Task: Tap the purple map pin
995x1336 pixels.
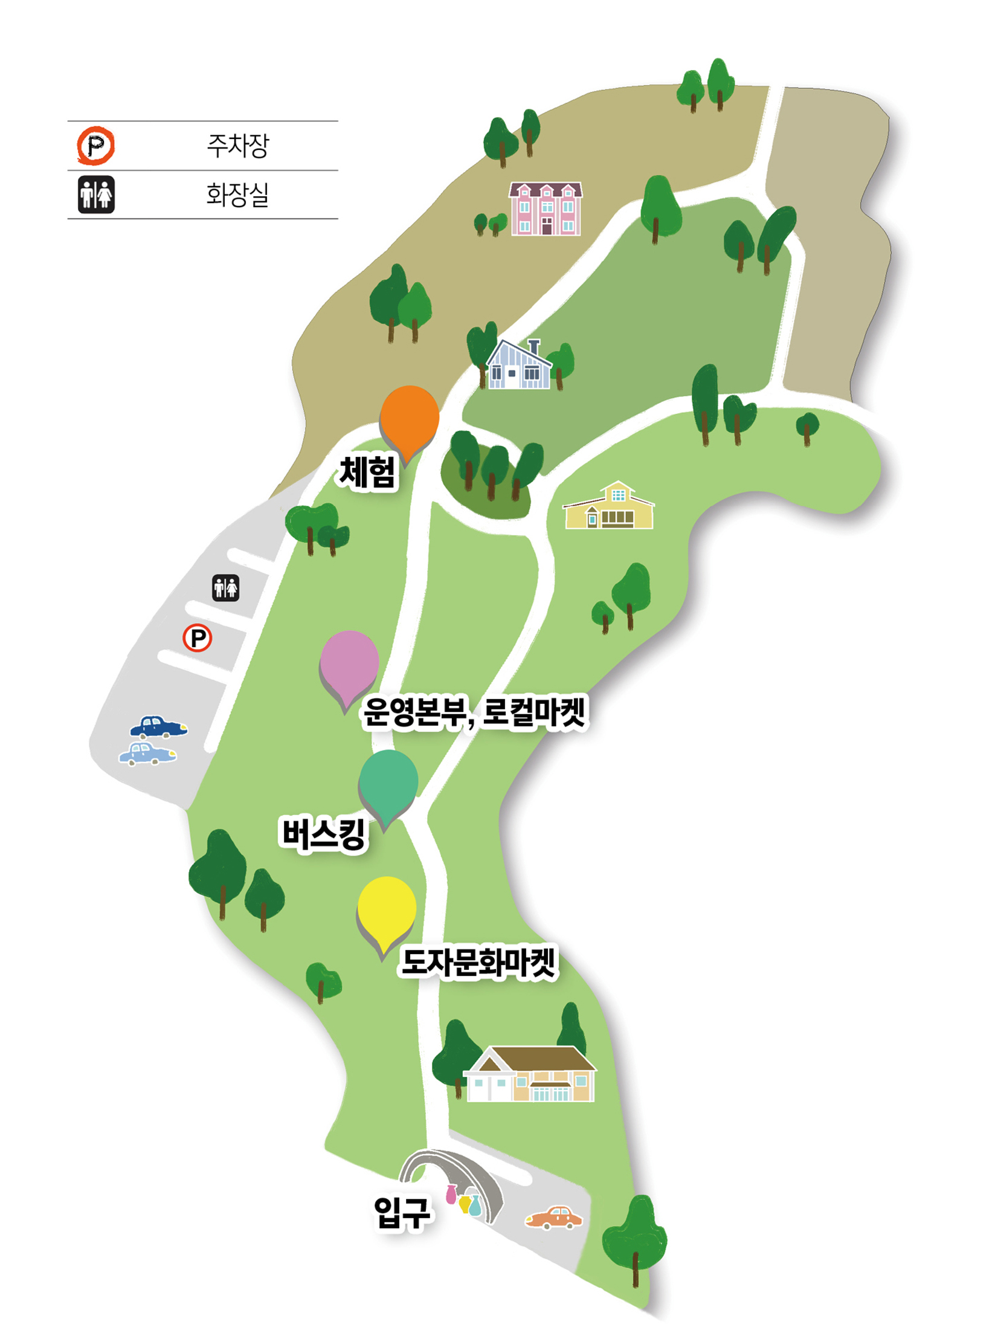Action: pos(349,664)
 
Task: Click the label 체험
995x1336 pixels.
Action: pos(367,473)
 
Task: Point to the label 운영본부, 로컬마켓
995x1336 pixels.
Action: pos(475,713)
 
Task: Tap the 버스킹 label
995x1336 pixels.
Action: pos(324,834)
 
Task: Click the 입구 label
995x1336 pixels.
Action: pos(402,1212)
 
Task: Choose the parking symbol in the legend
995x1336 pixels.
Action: pos(95,146)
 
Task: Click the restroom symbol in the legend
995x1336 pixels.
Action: pos(96,195)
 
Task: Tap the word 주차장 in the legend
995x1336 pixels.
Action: pos(237,146)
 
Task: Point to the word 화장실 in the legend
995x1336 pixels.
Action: pos(237,195)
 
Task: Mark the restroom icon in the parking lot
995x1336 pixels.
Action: pos(225,588)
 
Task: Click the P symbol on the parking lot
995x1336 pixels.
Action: pos(198,637)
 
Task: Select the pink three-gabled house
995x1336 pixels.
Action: pos(546,208)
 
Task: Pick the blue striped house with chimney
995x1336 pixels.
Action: pos(520,366)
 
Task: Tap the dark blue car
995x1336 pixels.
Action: pos(158,727)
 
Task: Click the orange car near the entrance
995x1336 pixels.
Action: pos(554,1218)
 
